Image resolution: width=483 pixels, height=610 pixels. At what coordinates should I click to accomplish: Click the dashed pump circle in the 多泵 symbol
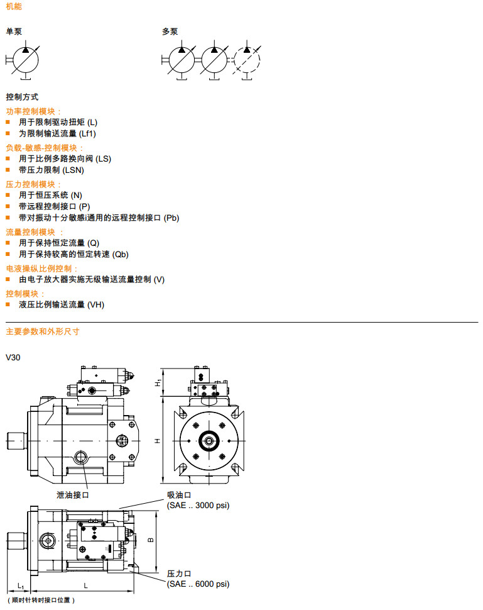tap(246, 60)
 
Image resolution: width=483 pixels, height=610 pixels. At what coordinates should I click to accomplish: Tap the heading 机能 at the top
tap(13, 6)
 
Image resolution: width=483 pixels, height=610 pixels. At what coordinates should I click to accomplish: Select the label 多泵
tap(170, 31)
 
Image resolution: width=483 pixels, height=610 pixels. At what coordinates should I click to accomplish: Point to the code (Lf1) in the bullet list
tap(87, 133)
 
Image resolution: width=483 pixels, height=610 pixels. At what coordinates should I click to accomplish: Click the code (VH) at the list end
tap(96, 304)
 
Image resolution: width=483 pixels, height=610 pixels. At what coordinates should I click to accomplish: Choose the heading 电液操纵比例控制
tap(42, 269)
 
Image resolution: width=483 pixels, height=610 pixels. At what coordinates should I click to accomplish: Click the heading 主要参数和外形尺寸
tap(42, 331)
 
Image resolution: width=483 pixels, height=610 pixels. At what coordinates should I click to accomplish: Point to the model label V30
tap(13, 357)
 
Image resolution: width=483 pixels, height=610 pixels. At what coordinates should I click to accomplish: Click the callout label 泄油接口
tap(73, 495)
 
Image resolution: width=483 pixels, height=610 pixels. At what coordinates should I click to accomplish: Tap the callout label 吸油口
tap(179, 495)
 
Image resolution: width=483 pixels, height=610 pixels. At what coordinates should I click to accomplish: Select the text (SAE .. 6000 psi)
tap(198, 584)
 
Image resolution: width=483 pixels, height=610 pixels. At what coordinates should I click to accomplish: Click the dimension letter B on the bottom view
tap(149, 540)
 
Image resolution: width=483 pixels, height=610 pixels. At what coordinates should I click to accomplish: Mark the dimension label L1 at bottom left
tap(20, 586)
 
